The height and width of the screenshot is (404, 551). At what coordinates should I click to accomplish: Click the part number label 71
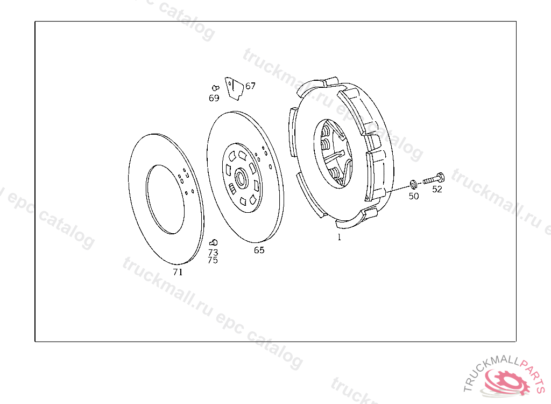[x=178, y=272]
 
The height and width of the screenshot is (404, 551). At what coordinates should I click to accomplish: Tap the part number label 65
[x=259, y=250]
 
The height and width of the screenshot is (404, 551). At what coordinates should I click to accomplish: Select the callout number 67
[x=250, y=86]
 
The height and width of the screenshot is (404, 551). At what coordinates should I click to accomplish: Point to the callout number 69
[x=214, y=98]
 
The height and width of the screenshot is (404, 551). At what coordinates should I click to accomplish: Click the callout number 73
[x=213, y=252]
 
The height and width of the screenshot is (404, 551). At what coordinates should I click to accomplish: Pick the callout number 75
[x=213, y=260]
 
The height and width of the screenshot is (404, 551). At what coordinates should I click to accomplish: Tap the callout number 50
[x=414, y=196]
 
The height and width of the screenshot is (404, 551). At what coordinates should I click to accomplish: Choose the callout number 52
[x=437, y=189]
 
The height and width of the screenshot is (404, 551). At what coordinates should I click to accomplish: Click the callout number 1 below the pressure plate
[x=339, y=237]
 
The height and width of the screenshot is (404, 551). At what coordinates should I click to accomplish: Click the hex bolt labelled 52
[x=433, y=179]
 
